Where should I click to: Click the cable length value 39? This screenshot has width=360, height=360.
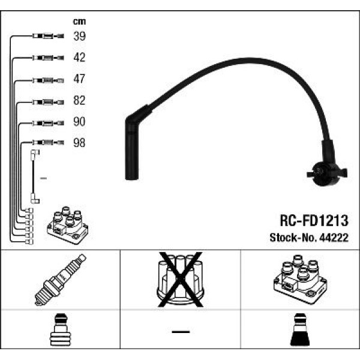point(79,37)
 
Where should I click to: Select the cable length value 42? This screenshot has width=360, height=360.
point(79,58)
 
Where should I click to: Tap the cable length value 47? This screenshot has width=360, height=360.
point(79,79)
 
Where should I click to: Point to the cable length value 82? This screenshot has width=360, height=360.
point(79,100)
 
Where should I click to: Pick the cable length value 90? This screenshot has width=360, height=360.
point(79,122)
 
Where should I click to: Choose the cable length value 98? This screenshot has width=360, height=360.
point(79,143)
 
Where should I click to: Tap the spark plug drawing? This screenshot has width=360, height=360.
point(60,280)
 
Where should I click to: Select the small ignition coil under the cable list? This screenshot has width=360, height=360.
point(67,226)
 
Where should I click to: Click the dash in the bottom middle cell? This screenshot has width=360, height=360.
point(180,332)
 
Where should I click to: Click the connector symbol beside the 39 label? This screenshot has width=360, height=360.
point(45,37)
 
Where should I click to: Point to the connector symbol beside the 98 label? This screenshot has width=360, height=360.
point(45,143)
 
